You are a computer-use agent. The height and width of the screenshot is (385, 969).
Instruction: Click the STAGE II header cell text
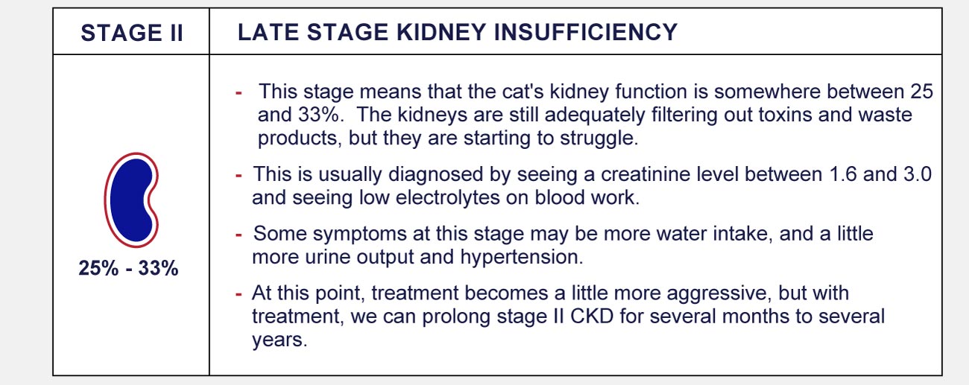132,34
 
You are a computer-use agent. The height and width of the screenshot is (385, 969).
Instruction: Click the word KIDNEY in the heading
442,33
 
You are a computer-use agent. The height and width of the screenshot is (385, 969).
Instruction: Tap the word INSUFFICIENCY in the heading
586,33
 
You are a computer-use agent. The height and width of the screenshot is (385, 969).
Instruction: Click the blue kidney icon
131,200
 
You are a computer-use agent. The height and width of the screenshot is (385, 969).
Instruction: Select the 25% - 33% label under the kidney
128,268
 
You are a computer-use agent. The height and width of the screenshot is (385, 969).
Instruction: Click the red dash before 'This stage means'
239,92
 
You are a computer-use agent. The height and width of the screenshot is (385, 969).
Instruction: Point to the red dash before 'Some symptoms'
239,235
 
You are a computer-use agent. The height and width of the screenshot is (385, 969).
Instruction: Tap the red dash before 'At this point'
239,294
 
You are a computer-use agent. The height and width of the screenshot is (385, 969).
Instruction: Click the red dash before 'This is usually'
239,176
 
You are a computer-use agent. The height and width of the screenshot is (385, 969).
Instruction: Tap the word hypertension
521,258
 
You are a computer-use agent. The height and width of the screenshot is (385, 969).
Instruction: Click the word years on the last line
280,341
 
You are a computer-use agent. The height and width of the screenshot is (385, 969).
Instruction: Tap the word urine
332,258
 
